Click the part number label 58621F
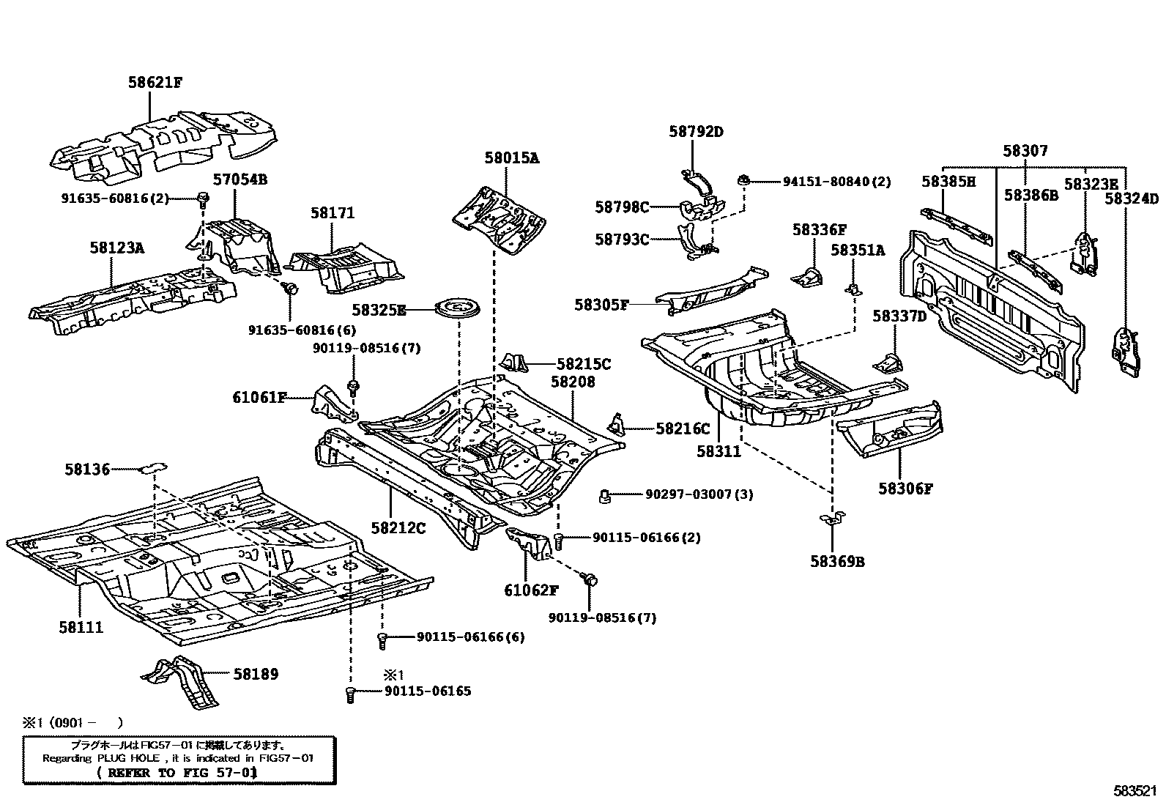coord(155,83)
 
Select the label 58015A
coord(511,157)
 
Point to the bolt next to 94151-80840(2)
coord(744,180)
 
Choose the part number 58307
coord(1025,151)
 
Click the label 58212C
coord(398,527)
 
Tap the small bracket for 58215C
coord(516,363)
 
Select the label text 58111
coord(81,627)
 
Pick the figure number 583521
coord(1135,791)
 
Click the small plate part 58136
coord(153,467)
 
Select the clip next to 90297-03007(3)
coord(606,496)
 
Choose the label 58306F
coord(906,489)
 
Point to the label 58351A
coord(857,251)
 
